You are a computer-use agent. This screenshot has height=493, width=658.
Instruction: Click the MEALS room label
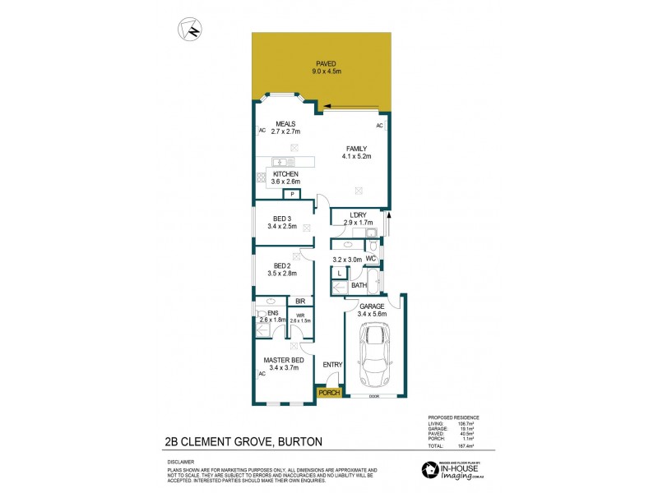(x=285, y=124)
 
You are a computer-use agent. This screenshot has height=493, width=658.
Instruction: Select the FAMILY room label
(x=356, y=149)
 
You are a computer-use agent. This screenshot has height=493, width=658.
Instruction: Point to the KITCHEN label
(x=286, y=174)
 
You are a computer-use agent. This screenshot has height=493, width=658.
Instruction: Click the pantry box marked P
(x=291, y=194)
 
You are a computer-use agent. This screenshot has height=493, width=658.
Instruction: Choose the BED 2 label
(x=282, y=265)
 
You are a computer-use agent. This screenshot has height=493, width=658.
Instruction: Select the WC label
(x=371, y=259)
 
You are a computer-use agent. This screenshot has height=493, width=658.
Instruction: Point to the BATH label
(x=359, y=285)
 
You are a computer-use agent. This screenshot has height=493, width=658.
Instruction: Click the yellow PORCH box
(x=330, y=393)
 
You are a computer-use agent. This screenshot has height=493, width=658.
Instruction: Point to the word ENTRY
(x=331, y=364)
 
